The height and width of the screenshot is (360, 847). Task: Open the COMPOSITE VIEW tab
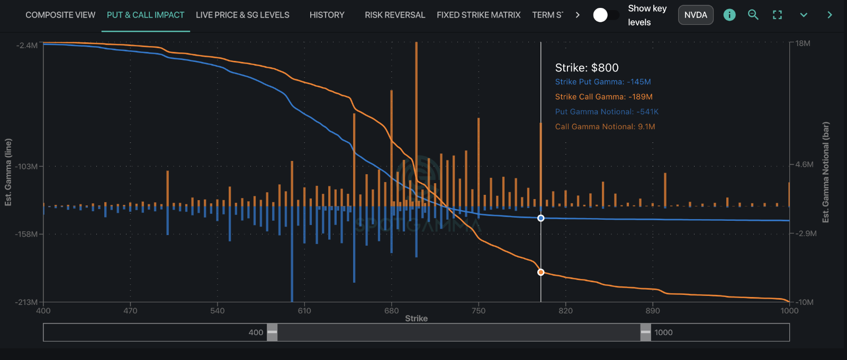pyautogui.click(x=60, y=15)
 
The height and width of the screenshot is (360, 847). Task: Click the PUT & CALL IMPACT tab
pyautogui.click(x=146, y=15)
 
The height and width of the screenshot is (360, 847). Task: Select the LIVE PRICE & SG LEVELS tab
pyautogui.click(x=242, y=15)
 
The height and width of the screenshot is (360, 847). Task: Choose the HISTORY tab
pyautogui.click(x=327, y=15)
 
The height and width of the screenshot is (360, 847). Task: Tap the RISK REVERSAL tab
pyautogui.click(x=395, y=15)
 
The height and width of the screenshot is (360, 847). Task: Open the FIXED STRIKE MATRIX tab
pyautogui.click(x=479, y=15)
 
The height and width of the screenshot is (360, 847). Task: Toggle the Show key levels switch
pyautogui.click(x=606, y=15)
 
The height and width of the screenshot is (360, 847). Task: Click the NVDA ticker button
pyautogui.click(x=696, y=15)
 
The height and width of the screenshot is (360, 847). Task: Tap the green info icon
pyautogui.click(x=729, y=15)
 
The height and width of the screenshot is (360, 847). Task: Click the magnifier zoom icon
pyautogui.click(x=753, y=15)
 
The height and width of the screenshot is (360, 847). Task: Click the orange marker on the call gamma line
pyautogui.click(x=540, y=272)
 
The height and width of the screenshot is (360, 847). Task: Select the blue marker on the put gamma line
pyautogui.click(x=540, y=218)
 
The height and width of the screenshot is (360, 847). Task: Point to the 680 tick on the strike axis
pyautogui.click(x=391, y=311)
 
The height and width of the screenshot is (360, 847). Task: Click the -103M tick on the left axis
pyautogui.click(x=26, y=166)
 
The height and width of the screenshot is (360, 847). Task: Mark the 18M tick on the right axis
pyautogui.click(x=803, y=43)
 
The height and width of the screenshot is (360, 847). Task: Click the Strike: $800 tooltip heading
pyautogui.click(x=587, y=68)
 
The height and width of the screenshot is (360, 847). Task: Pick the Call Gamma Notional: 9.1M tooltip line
pyautogui.click(x=605, y=127)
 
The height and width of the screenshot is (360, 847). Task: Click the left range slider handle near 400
pyautogui.click(x=272, y=332)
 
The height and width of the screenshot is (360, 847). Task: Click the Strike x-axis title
pyautogui.click(x=416, y=318)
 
